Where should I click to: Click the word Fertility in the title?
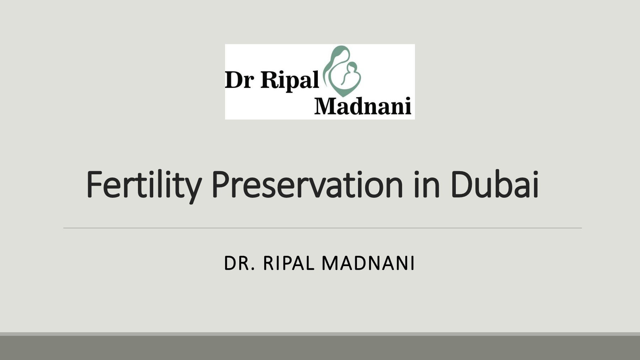point(143,185)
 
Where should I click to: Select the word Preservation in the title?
point(307,185)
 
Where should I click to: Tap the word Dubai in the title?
point(494,185)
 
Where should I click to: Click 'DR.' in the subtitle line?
point(239,264)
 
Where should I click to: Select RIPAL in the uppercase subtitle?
point(288,264)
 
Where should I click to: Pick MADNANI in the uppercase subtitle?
point(368,264)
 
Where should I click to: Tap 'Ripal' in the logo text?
point(289,80)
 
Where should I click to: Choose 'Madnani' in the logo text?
point(363,106)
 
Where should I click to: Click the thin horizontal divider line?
point(322,228)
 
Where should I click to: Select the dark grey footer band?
point(320,348)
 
